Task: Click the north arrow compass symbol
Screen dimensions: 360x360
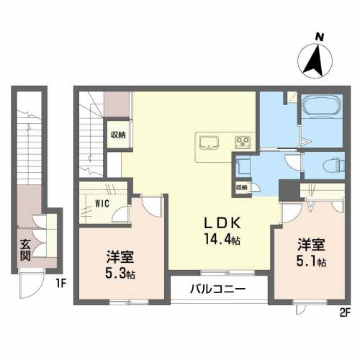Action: pyautogui.click(x=315, y=60)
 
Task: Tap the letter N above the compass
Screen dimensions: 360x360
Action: pyautogui.click(x=320, y=37)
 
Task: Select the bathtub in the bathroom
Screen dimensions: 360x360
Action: pyautogui.click(x=322, y=107)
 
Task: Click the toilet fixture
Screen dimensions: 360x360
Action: pyautogui.click(x=333, y=164)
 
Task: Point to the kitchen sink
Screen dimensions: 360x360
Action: pyautogui.click(x=209, y=143)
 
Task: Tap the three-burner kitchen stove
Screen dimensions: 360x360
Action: pyautogui.click(x=243, y=141)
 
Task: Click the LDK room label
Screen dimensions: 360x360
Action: pyautogui.click(x=222, y=223)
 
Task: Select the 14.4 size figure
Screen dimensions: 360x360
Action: pyautogui.click(x=222, y=239)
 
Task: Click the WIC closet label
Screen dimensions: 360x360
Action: pyautogui.click(x=102, y=204)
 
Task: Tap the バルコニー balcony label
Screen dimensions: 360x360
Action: pyautogui.click(x=218, y=289)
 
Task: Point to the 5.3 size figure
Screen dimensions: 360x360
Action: pyautogui.click(x=120, y=274)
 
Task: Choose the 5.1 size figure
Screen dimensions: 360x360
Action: pyautogui.click(x=311, y=261)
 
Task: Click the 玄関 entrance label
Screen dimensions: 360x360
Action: pyautogui.click(x=25, y=250)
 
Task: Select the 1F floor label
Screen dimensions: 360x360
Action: pyautogui.click(x=61, y=284)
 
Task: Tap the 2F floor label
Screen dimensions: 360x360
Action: pyautogui.click(x=345, y=312)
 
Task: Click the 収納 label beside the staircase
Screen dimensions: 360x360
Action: pyautogui.click(x=118, y=135)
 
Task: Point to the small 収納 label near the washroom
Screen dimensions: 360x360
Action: pyautogui.click(x=241, y=187)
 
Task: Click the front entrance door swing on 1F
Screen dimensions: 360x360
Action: pyautogui.click(x=32, y=284)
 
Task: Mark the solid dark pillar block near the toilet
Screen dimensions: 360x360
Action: pyautogui.click(x=289, y=191)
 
